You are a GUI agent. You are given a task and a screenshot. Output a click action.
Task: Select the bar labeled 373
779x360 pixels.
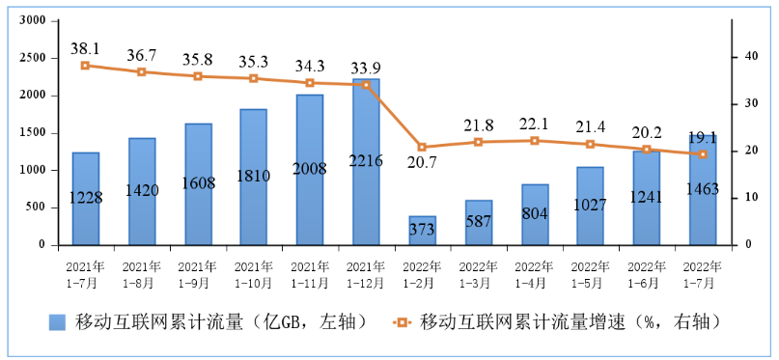pyautogui.click(x=422, y=231)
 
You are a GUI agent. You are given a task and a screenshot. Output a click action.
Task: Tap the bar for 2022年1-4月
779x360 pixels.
pyautogui.click(x=535, y=214)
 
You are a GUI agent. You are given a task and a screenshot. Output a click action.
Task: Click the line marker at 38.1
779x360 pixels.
pyautogui.click(x=86, y=66)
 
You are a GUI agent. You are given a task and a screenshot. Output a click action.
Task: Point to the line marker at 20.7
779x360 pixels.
pyautogui.click(x=422, y=148)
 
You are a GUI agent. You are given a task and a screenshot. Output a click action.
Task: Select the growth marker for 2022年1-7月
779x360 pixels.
pyautogui.click(x=703, y=154)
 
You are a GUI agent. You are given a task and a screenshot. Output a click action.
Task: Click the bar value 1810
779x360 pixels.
pyautogui.click(x=254, y=177)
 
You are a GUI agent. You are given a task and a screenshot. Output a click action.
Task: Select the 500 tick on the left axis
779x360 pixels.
pyautogui.click(x=36, y=208)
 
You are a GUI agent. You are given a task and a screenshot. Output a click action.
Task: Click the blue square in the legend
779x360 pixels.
pyautogui.click(x=57, y=320)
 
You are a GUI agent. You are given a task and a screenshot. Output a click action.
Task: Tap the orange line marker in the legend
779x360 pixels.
pyautogui.click(x=403, y=320)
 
